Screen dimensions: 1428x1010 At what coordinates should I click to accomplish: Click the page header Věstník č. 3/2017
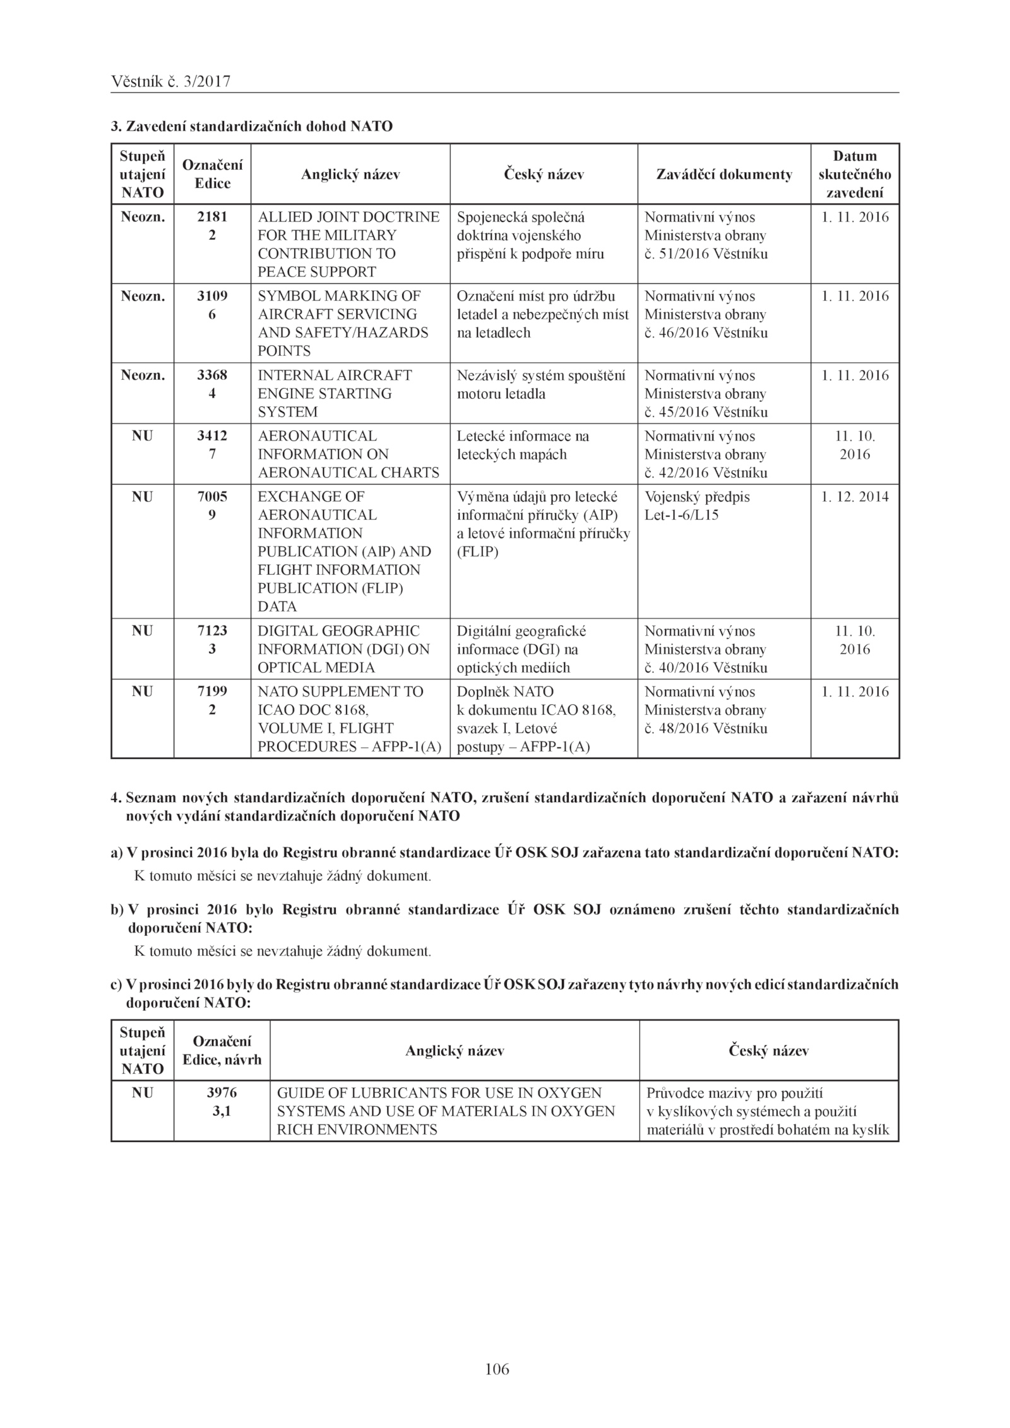click(x=170, y=81)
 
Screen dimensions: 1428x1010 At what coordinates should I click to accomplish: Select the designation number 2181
click(x=212, y=217)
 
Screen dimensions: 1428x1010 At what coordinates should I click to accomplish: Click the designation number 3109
click(x=212, y=296)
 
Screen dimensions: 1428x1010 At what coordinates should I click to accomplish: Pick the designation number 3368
click(x=212, y=375)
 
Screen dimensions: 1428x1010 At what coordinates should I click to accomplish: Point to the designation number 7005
click(x=212, y=497)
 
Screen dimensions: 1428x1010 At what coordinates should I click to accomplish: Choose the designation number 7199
click(x=212, y=692)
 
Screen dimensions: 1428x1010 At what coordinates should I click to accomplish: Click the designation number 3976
click(x=222, y=1092)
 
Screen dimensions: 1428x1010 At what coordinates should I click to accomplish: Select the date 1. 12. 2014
click(x=855, y=497)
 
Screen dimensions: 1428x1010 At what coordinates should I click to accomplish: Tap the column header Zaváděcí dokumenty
click(x=724, y=175)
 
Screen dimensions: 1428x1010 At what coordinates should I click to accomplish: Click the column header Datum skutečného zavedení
click(x=855, y=174)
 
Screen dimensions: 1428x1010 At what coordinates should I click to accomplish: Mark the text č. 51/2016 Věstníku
click(x=706, y=254)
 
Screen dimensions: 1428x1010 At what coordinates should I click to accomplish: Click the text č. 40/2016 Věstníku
click(x=706, y=668)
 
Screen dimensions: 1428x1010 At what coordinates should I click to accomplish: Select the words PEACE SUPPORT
click(x=316, y=272)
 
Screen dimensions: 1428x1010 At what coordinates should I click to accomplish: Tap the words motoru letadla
click(x=501, y=394)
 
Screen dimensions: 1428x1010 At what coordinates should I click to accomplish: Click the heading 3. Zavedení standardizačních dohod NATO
click(x=252, y=126)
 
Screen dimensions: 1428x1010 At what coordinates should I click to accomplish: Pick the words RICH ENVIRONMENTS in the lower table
click(x=357, y=1130)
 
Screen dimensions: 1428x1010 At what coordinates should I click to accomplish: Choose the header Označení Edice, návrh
click(x=222, y=1051)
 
